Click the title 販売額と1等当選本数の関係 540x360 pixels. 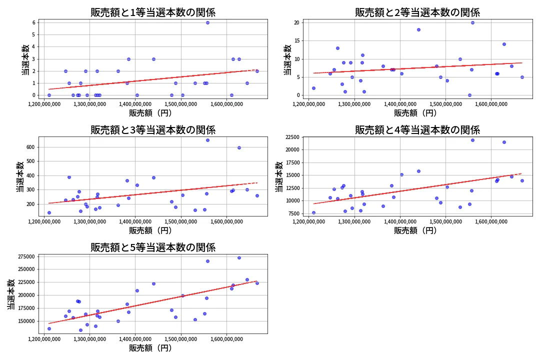coord(152,12)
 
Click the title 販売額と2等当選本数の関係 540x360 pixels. coord(417,12)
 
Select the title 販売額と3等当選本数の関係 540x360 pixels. coord(152,130)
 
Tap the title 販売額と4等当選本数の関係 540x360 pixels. coord(417,130)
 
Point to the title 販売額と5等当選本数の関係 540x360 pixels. coord(152,247)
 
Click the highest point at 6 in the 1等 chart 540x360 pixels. coord(207,22)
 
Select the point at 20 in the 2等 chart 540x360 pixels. coord(472,22)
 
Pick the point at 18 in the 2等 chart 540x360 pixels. coord(418,29)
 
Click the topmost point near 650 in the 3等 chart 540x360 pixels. coord(207,140)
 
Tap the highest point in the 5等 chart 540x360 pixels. coord(239,257)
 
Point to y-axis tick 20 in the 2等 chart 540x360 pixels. coord(296,22)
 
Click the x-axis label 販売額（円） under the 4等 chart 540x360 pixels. coord(415,230)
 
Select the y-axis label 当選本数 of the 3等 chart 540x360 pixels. coord(19,176)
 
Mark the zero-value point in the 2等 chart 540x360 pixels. coord(469,95)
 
